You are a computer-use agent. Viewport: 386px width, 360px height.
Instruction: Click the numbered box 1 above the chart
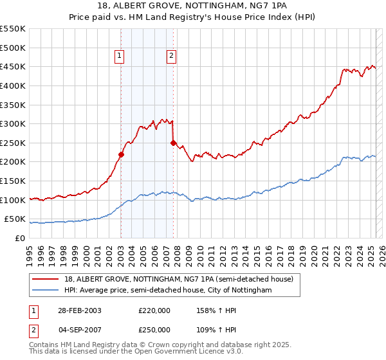(120, 57)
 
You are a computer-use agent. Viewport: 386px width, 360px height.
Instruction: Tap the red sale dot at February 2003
(121, 154)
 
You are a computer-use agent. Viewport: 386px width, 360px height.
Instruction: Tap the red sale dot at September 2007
(173, 143)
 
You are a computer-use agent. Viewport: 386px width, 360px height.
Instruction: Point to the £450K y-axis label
(13, 66)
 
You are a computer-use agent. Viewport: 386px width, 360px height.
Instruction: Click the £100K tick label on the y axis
(13, 200)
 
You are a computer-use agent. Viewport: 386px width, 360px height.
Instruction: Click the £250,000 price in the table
(154, 329)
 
